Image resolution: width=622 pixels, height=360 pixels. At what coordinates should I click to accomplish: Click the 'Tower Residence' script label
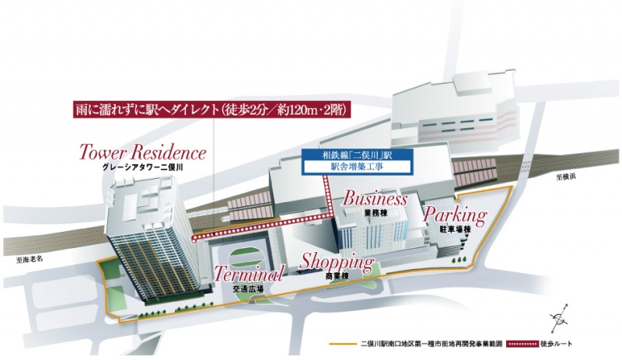[142, 152]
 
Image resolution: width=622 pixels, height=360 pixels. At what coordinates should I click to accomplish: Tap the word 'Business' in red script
[370, 198]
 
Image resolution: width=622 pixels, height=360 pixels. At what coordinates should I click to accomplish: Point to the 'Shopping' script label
[337, 261]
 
